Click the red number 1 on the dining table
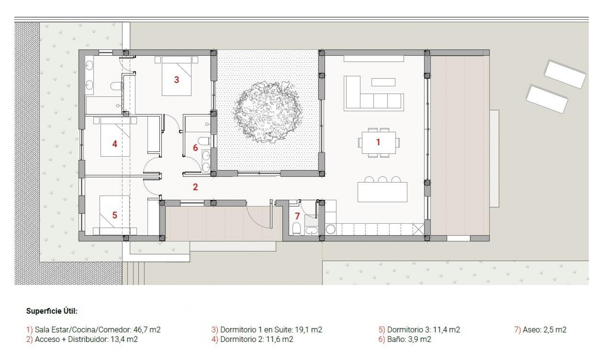378,142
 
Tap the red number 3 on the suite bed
176,80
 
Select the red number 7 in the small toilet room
297,216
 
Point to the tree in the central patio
268,111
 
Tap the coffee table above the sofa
383,82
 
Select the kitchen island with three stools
382,192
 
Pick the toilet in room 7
296,228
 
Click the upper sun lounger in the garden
565,74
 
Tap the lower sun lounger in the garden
547,99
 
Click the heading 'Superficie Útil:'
52,311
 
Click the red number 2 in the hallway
195,187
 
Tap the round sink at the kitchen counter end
330,229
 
